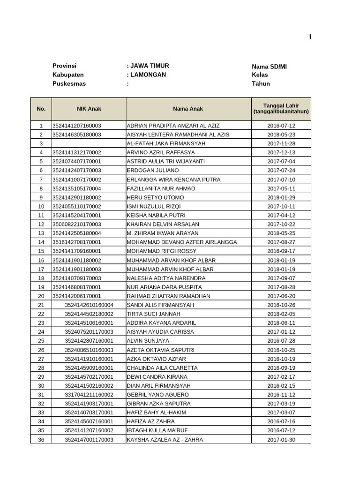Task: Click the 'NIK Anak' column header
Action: [x=89, y=109]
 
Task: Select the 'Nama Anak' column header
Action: [x=188, y=109]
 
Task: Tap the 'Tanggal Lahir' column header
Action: [x=281, y=109]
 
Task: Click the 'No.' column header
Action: [x=41, y=109]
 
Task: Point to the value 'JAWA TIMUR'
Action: [x=150, y=66]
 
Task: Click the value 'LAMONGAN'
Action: [x=148, y=75]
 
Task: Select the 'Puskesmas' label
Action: [x=69, y=84]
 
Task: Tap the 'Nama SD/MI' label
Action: [x=269, y=67]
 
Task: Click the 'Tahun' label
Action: [x=261, y=84]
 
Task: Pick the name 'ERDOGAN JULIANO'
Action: [x=153, y=171]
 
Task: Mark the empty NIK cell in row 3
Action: [x=89, y=143]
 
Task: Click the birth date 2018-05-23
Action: [x=281, y=135]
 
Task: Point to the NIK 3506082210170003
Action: [x=76, y=225]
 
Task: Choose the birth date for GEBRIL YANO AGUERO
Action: [x=281, y=395]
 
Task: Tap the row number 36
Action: [x=41, y=440]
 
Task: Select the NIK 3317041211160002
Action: [x=89, y=395]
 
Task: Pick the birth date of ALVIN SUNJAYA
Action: [x=281, y=341]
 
